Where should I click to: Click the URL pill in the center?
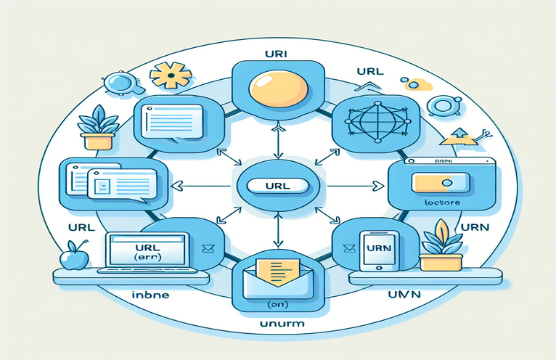click(x=278, y=186)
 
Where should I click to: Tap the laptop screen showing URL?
click(x=147, y=251)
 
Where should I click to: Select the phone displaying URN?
click(x=377, y=252)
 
